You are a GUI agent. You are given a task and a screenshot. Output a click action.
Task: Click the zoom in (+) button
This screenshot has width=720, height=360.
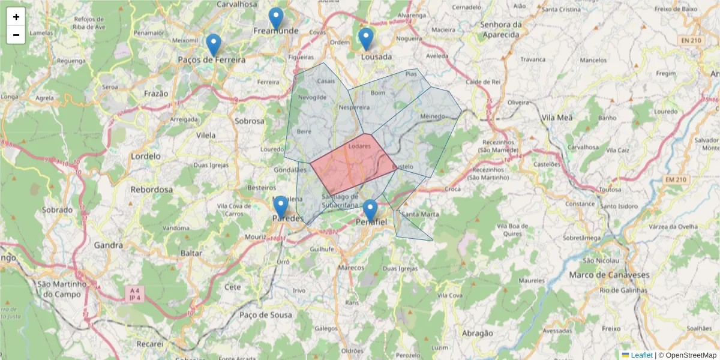tap(16, 17)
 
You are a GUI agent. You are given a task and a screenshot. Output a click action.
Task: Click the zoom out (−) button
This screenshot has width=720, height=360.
tap(16, 35)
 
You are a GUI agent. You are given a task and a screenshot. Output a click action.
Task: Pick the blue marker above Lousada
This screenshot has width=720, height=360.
tap(366, 39)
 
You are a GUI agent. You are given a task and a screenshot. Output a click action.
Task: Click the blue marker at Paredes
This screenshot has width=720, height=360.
tap(281, 207)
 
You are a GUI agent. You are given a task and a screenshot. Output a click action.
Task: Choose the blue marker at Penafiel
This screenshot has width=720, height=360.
tap(370, 211)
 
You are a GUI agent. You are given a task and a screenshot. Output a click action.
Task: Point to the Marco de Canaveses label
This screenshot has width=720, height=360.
tap(609, 275)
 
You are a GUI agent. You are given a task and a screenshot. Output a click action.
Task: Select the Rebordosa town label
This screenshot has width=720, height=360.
tap(152, 190)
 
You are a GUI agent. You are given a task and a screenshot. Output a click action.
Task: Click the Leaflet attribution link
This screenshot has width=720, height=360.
tap(641, 355)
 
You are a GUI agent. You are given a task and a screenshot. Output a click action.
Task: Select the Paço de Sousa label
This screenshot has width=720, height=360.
tap(266, 314)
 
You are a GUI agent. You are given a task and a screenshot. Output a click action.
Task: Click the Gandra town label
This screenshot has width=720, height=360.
tap(108, 245)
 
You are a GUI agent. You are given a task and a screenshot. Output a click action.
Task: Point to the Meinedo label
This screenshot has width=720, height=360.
tap(433, 116)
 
